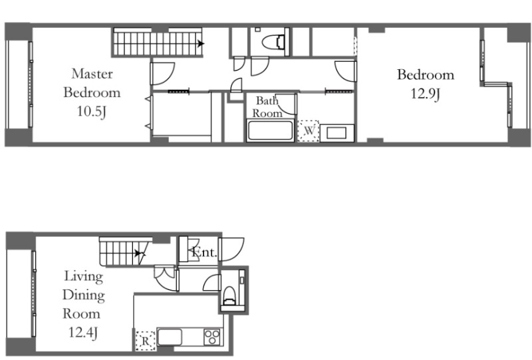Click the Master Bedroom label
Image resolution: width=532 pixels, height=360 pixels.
[x=92, y=83]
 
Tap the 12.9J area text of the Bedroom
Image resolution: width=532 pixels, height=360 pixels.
[x=426, y=93]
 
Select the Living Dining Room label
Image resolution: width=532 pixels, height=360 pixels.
[x=84, y=295]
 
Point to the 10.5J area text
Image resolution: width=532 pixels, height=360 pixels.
[x=92, y=111]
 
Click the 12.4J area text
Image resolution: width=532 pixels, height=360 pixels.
[x=84, y=332]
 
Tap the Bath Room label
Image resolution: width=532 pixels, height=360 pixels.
[x=267, y=106]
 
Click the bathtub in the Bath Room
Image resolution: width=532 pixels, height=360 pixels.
[x=270, y=130]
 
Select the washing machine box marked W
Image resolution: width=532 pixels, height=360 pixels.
[x=309, y=130]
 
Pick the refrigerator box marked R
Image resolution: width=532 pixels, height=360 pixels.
[x=145, y=341]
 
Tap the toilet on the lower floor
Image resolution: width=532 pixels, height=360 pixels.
[x=229, y=295]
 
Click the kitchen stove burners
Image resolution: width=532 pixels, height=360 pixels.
[x=212, y=337]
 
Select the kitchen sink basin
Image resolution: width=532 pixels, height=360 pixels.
[x=170, y=337]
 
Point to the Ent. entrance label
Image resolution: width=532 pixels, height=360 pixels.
[x=204, y=252]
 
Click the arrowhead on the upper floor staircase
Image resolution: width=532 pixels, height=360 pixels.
[x=201, y=43]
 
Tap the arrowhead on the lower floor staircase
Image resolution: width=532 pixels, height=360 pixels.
[x=138, y=253]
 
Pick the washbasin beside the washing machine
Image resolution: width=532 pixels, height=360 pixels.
[x=336, y=133]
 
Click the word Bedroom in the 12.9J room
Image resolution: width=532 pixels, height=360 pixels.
[x=426, y=75]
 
